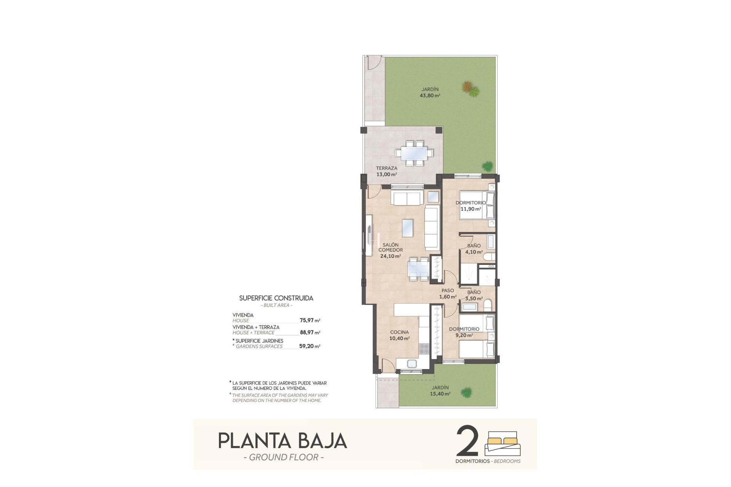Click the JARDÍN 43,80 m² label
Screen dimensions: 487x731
click(x=430, y=92)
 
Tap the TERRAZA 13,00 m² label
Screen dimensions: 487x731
click(x=386, y=171)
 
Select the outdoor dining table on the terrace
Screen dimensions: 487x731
click(x=414, y=153)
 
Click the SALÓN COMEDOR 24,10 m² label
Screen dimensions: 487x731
click(x=391, y=250)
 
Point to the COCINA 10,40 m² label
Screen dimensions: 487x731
click(x=399, y=335)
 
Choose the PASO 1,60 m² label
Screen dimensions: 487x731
click(x=448, y=294)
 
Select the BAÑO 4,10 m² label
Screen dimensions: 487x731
click(x=474, y=249)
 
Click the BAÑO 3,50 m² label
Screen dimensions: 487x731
click(x=474, y=295)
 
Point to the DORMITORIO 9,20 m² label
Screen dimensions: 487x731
click(x=464, y=332)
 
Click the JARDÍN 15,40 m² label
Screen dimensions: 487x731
click(x=440, y=391)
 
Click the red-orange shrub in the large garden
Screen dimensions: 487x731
click(x=467, y=87)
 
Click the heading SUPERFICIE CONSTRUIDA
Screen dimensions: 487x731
click(x=276, y=298)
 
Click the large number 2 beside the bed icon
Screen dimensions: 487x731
click(x=467, y=441)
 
